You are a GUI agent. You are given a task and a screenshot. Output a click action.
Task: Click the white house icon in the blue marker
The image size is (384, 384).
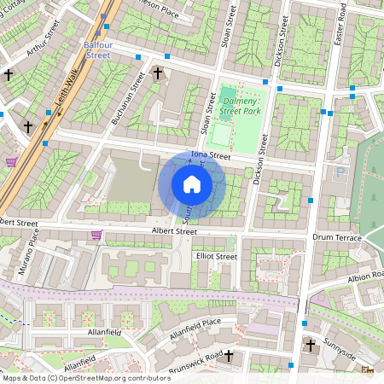[x=192, y=184]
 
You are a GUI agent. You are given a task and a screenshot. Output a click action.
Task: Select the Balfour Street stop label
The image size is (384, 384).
[x=96, y=48]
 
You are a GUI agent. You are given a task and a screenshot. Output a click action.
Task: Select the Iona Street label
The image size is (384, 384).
[x=211, y=155]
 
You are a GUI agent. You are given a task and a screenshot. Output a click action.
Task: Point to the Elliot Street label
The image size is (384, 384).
[x=216, y=256]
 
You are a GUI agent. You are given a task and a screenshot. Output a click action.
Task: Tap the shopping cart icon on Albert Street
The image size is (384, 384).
[x=96, y=235]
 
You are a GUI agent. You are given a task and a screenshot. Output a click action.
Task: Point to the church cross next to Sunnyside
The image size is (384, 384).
[x=311, y=346]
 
